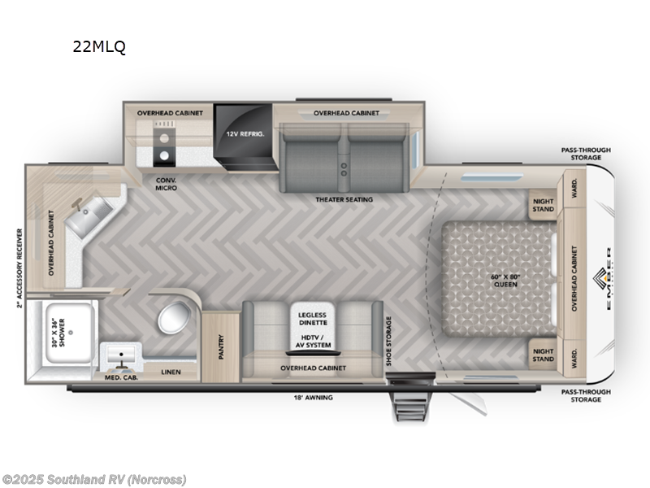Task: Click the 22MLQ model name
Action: [99, 46]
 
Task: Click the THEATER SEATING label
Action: [344, 199]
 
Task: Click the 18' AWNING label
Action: [313, 397]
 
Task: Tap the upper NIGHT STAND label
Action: [543, 205]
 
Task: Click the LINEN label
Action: [171, 373]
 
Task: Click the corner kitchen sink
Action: [85, 218]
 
